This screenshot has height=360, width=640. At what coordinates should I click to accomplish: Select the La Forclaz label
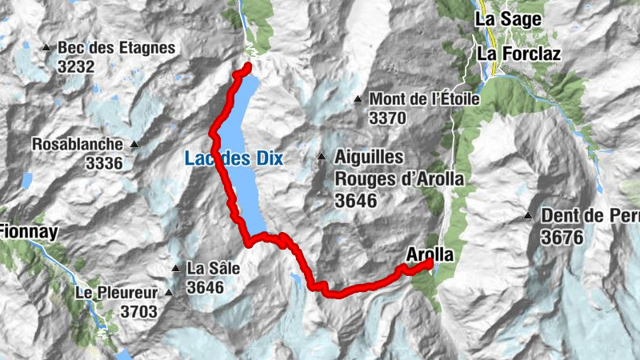coord(519,54)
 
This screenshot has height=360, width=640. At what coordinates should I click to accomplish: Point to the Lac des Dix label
coord(234,158)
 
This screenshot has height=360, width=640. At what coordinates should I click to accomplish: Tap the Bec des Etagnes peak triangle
coord(47,48)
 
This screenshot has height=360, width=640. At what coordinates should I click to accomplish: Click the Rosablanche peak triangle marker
coord(134,145)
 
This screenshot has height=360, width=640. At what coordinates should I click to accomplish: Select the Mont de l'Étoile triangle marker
coord(358,99)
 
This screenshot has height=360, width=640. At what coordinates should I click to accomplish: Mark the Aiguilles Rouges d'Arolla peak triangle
coord(322,157)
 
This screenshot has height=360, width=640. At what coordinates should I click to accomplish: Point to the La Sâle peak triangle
coord(175,268)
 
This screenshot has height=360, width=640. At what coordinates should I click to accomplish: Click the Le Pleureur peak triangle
coord(169,293)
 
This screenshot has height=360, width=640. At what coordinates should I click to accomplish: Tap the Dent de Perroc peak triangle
coord(528,215)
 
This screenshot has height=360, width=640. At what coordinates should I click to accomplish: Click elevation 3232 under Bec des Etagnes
coord(76,66)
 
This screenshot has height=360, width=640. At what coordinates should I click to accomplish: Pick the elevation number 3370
coord(388,118)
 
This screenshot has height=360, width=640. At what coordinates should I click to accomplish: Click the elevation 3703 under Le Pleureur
coord(141,311)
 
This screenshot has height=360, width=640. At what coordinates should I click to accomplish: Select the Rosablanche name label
coord(78,145)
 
